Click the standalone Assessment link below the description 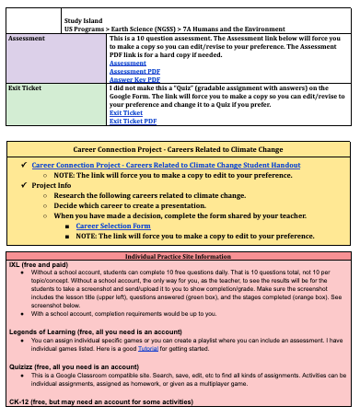pos(127,63)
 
